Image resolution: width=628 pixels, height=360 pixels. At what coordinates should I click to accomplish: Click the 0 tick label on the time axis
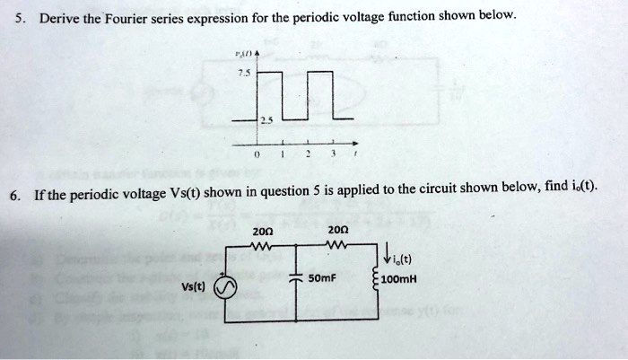257,154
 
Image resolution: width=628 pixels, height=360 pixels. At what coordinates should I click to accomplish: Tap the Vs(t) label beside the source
195,289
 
